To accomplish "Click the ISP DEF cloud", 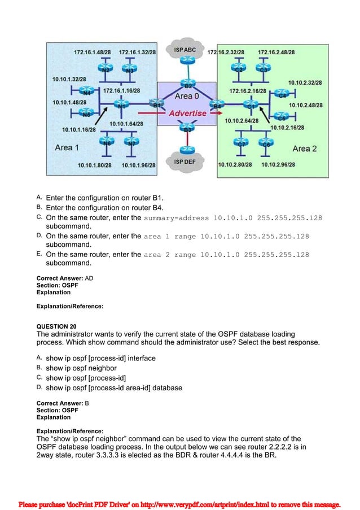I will (185, 162).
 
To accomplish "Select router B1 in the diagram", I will (156, 104).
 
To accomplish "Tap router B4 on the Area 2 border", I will (216, 105).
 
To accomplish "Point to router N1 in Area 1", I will (121, 105).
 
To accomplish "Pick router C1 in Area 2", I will (251, 105).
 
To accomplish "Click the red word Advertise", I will (188, 114).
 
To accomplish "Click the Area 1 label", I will (67, 147).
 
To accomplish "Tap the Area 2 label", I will (305, 149).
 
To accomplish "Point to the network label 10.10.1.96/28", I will (138, 165).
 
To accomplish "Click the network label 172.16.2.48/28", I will (276, 52).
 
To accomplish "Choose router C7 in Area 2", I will (242, 143).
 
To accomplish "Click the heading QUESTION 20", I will (56, 326).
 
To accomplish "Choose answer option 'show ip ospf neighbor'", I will (81, 368).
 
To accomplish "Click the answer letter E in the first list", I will (39, 255).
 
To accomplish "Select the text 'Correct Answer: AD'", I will (65, 278).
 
